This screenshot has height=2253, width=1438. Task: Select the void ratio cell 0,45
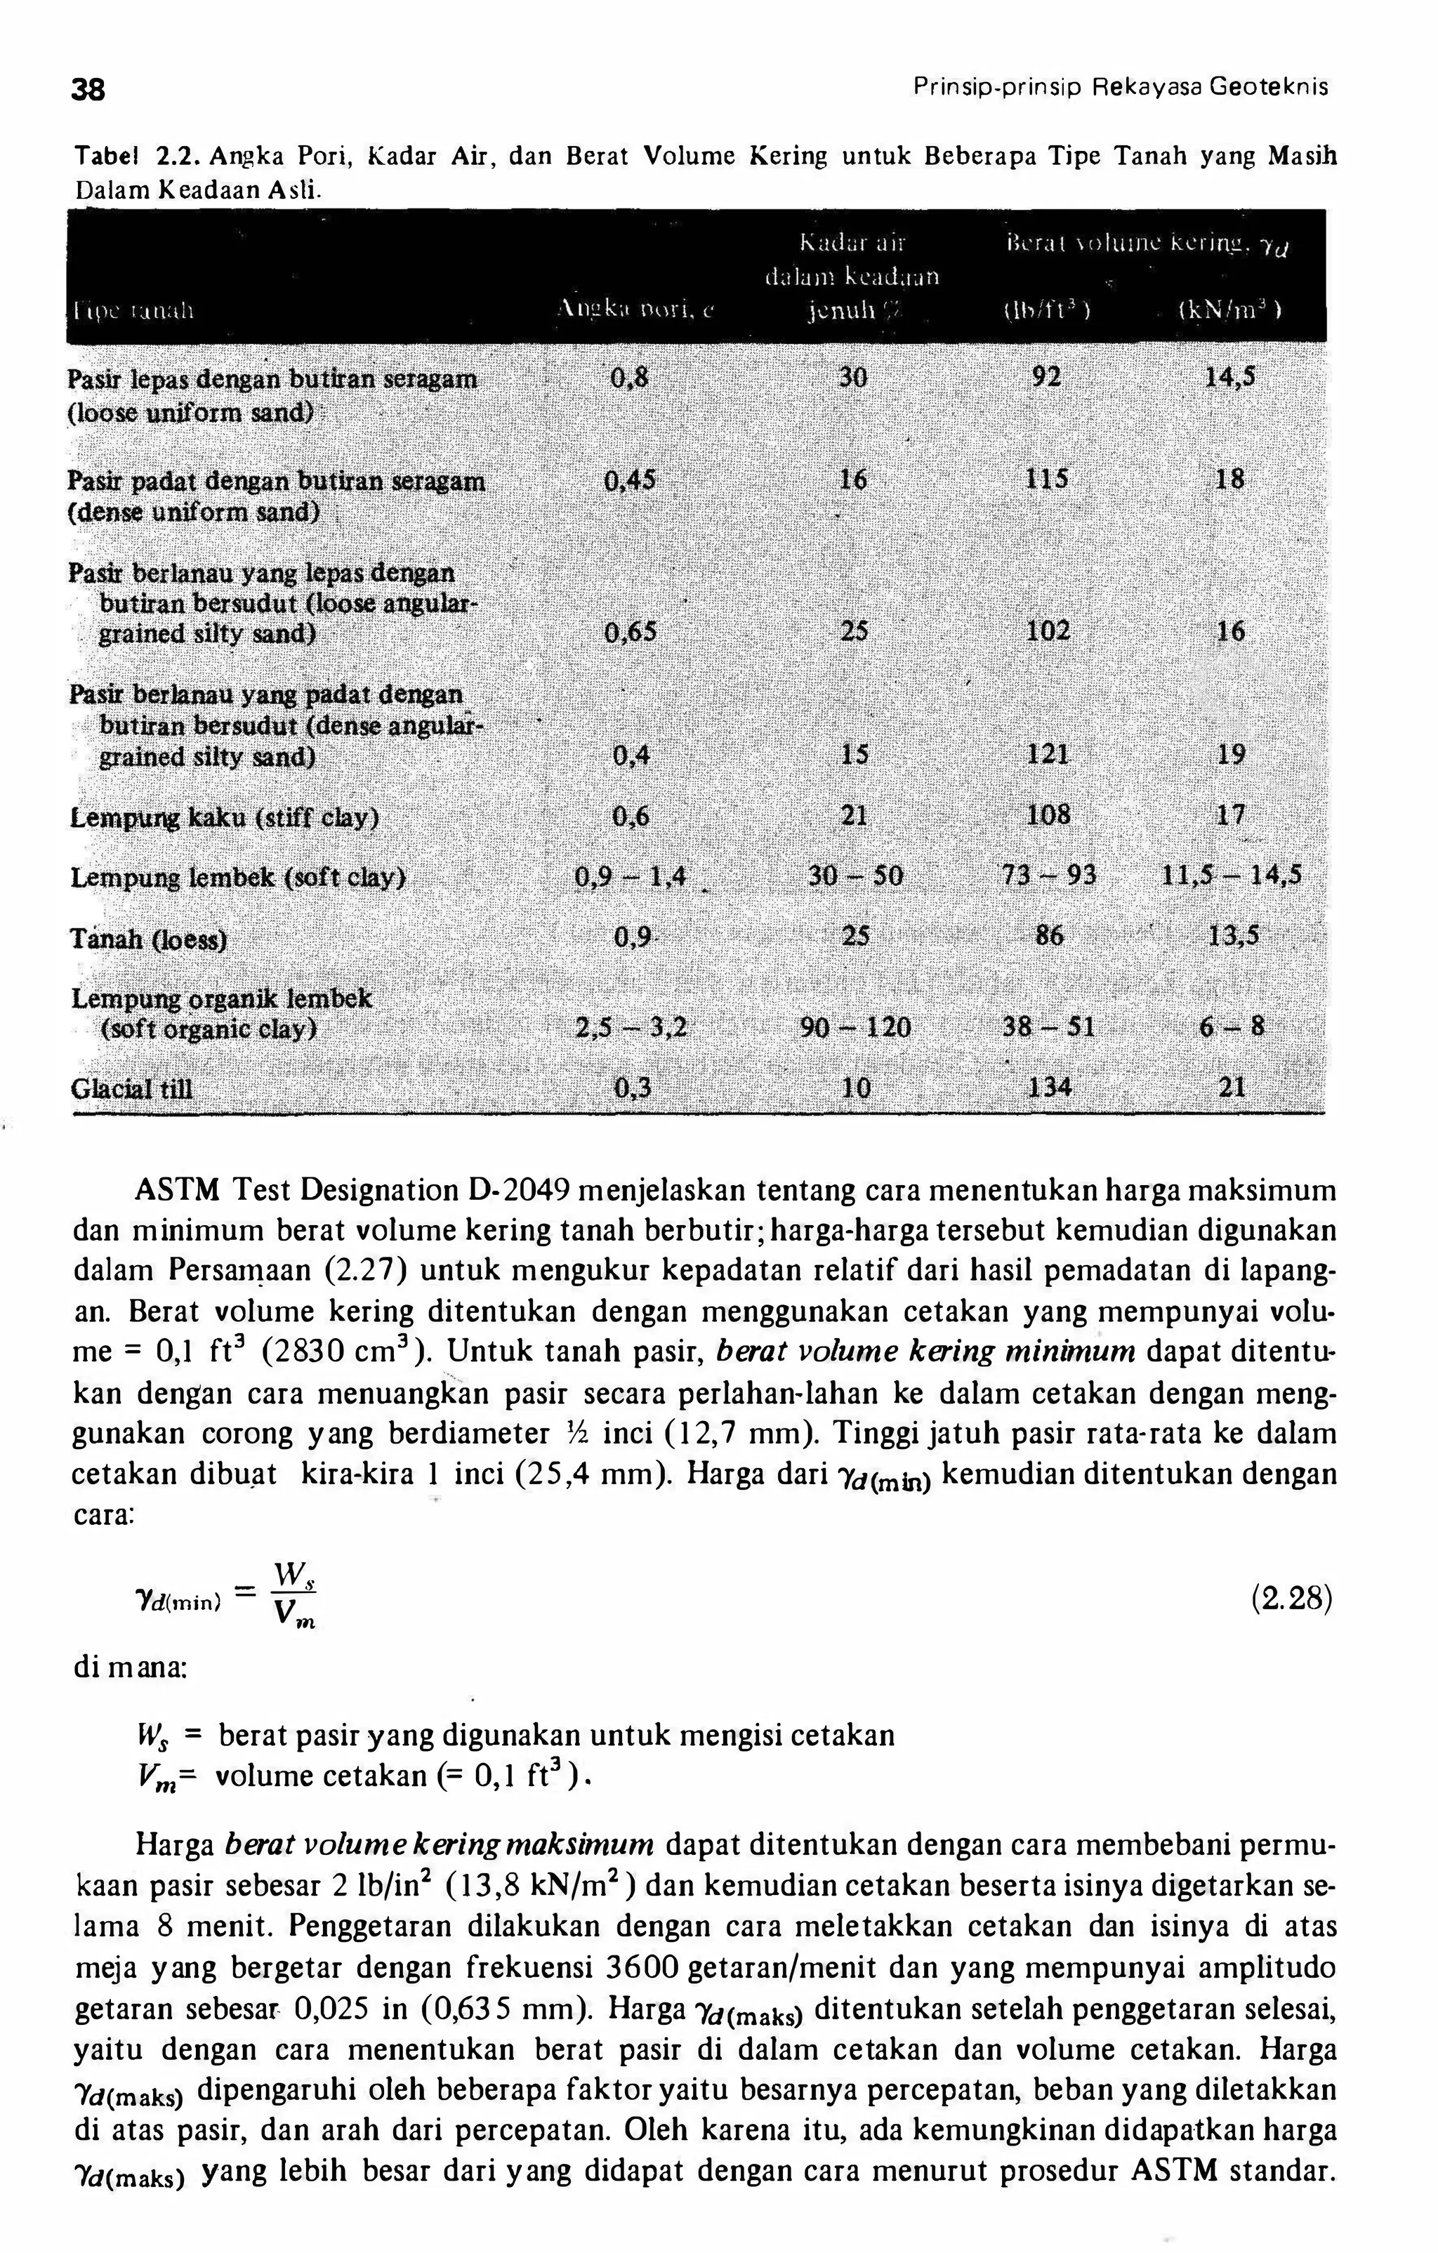pos(631,481)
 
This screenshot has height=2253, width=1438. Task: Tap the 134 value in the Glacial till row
pos(1049,1088)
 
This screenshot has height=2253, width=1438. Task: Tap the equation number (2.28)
pos(1290,1599)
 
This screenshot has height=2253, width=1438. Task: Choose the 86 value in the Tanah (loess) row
pos(1049,936)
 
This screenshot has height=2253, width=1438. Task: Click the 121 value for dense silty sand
pos(1048,754)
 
